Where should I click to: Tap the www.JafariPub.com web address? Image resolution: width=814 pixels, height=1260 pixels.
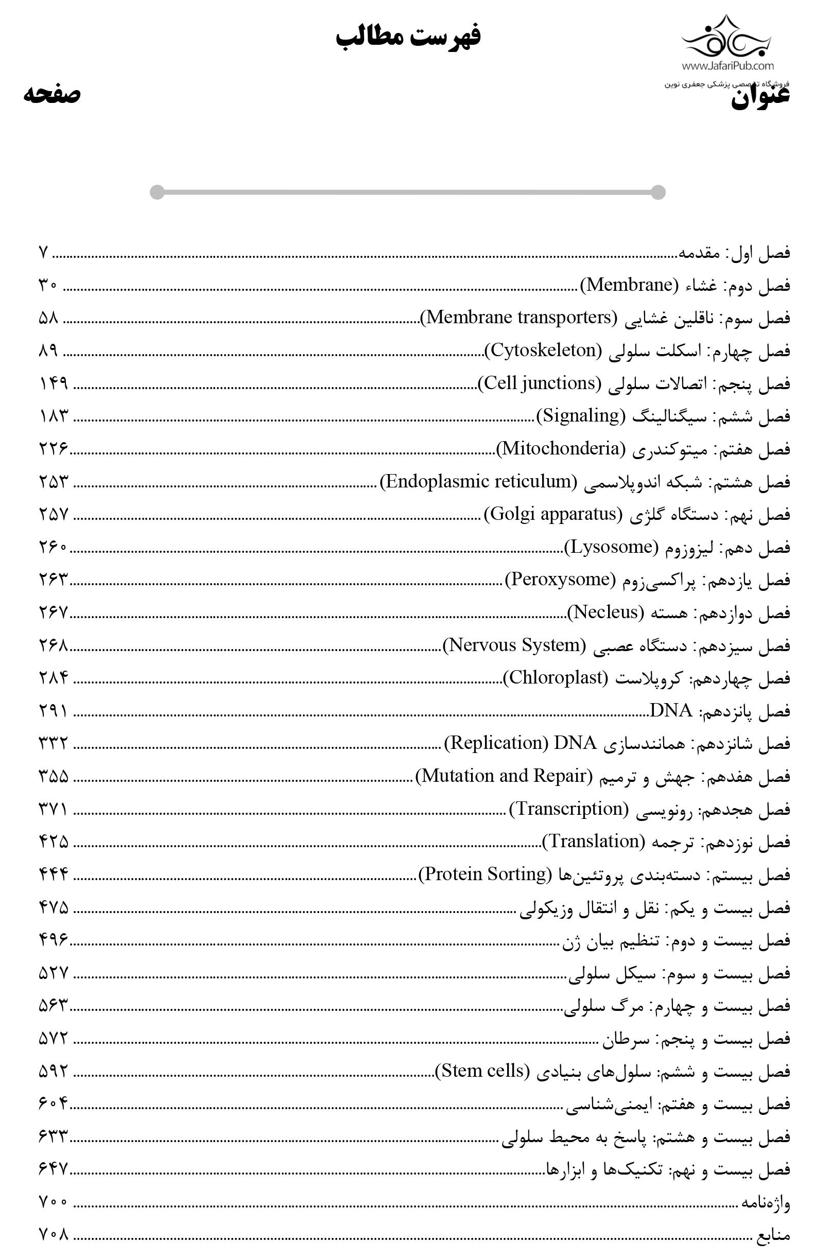point(728,66)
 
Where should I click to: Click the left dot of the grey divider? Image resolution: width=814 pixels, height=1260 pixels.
point(157,192)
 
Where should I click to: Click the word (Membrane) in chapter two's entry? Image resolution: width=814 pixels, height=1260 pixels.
point(629,285)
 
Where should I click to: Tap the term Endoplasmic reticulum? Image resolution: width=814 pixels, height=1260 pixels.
point(478,481)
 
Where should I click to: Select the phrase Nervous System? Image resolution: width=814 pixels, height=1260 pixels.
point(514,645)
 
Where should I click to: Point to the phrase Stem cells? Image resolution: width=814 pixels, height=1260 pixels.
point(482,1071)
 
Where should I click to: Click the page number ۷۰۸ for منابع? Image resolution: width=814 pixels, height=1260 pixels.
point(54,1235)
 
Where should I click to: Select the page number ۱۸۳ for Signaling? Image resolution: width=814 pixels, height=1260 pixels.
point(54,416)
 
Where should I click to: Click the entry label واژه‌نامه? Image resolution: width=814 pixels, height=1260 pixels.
point(765,1203)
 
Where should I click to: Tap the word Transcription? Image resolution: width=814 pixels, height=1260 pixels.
point(569,809)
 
